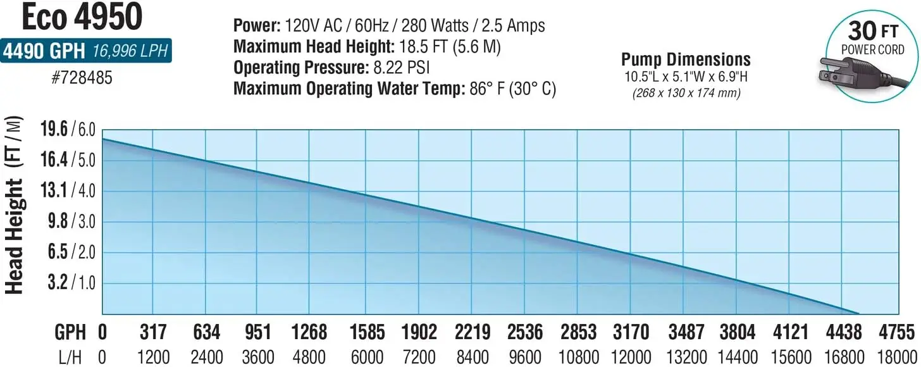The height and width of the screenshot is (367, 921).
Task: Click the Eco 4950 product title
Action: tap(82, 18)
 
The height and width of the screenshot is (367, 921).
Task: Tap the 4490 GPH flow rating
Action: tap(44, 51)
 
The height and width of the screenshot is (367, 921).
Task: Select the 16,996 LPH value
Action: tap(130, 51)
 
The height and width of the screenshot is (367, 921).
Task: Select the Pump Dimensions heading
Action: tap(686, 59)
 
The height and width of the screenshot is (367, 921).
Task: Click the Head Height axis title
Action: tap(15, 206)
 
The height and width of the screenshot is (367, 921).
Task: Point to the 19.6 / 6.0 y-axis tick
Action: tap(67, 130)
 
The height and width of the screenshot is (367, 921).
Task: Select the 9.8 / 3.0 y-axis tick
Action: tap(67, 221)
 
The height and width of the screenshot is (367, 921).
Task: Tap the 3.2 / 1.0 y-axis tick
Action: tap(67, 283)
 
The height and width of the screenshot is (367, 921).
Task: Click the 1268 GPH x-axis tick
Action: tap(310, 332)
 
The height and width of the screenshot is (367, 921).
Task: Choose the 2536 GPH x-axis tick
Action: tap(524, 332)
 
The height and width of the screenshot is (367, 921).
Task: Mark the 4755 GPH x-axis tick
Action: tap(897, 332)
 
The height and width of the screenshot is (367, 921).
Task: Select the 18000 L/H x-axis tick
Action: tap(897, 357)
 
